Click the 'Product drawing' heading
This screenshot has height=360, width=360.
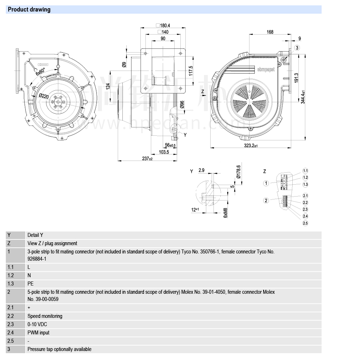click(29, 10)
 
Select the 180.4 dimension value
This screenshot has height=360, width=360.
click(165, 26)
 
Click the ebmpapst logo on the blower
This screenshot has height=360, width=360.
click(266, 69)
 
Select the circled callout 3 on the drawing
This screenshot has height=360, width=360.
click(297, 48)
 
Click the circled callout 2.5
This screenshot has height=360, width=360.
click(305, 223)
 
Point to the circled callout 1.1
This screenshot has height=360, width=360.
click(305, 171)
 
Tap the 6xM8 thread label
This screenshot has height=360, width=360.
click(225, 212)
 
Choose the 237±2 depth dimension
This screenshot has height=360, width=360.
click(147, 159)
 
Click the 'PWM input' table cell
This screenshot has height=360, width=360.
click(39, 333)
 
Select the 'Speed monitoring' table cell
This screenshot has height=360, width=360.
click(45, 316)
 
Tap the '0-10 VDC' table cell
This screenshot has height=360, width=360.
click(37, 324)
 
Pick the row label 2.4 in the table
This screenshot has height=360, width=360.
click(11, 333)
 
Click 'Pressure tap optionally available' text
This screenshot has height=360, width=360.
click(59, 349)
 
